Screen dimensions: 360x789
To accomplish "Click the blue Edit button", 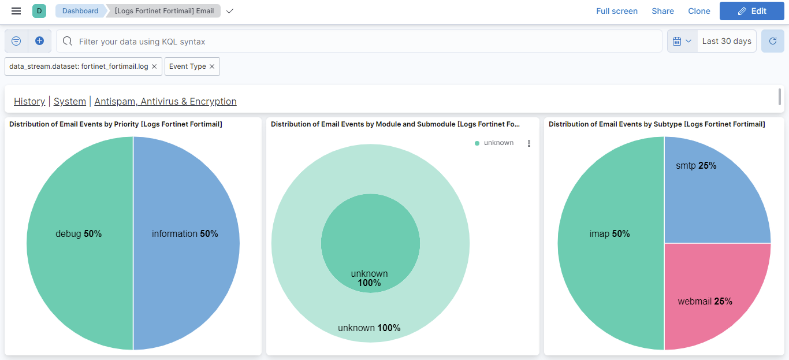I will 751,11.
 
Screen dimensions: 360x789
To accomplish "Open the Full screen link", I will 617,11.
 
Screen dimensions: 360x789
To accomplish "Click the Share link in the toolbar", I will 663,11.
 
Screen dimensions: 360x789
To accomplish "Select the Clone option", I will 699,11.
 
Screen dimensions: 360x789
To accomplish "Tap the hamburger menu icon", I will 16,11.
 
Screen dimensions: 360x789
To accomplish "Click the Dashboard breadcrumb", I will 80,11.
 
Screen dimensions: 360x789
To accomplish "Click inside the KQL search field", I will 358,42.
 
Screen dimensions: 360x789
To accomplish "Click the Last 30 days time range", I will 726,42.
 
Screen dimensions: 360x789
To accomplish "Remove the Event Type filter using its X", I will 212,66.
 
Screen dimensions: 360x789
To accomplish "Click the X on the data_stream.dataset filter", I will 154,66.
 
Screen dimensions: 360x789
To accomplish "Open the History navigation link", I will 29,101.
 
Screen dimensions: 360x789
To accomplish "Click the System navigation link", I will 70,101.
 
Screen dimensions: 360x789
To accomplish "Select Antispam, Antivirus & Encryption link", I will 165,101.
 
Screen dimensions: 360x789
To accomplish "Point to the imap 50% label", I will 609,234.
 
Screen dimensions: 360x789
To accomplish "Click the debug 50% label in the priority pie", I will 79,234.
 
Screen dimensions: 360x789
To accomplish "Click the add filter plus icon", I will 39,41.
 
